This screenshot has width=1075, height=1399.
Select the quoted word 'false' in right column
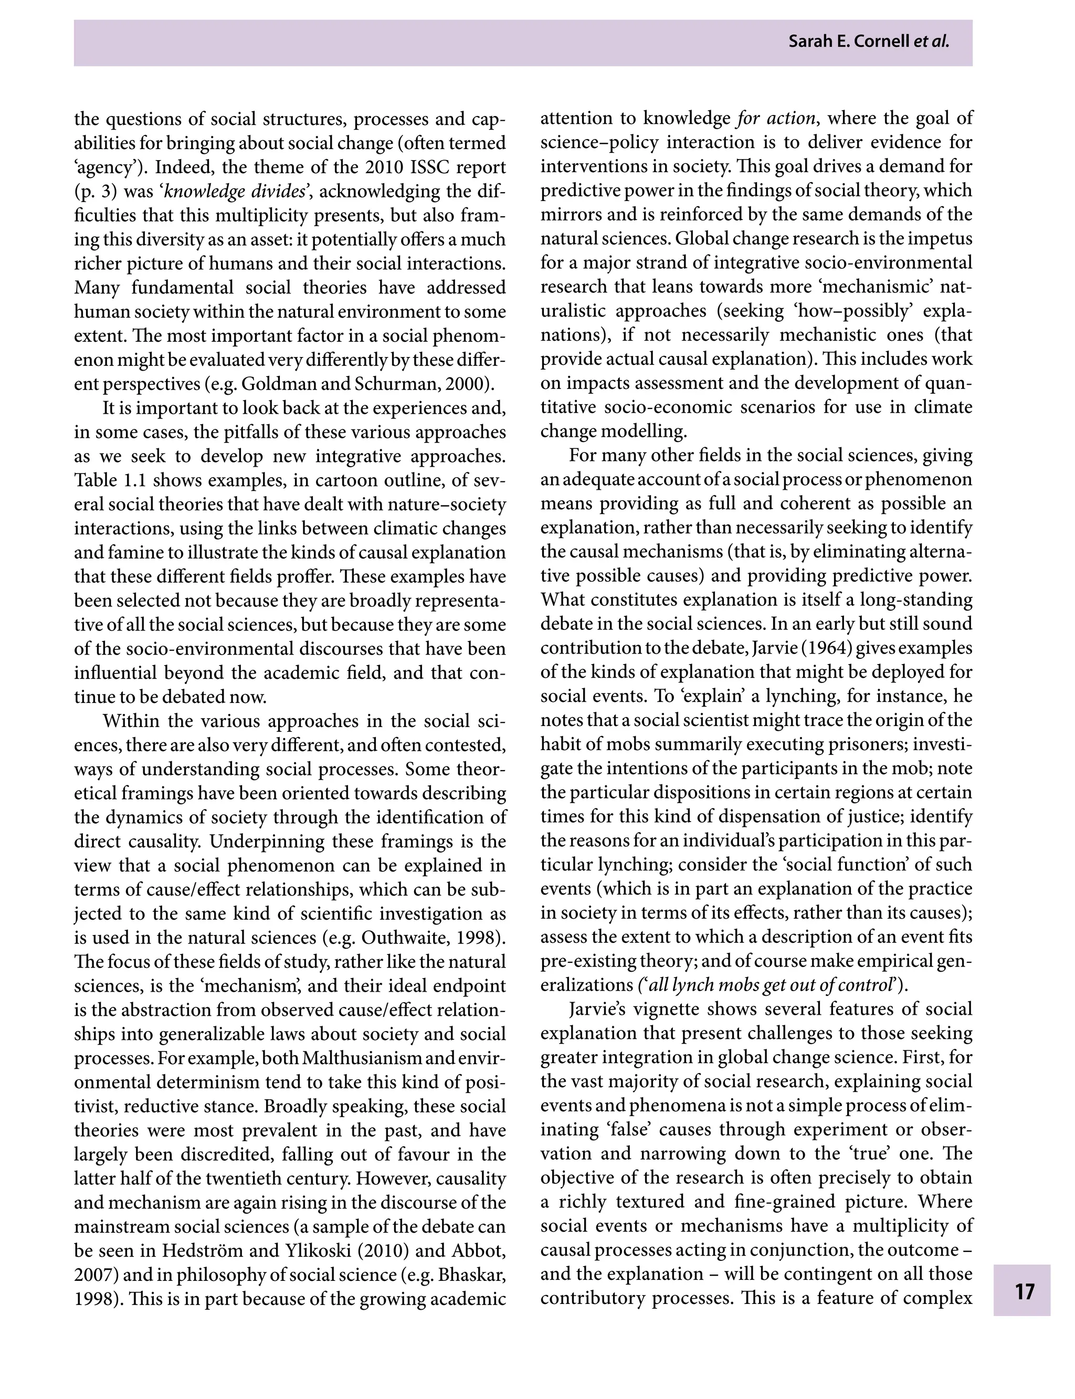619,1130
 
